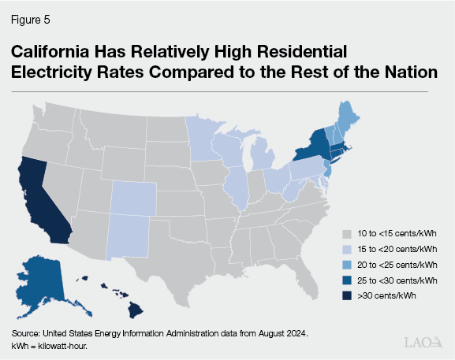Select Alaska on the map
(39, 280)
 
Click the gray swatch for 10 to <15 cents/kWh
(345, 234)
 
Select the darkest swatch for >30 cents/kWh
(345, 295)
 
